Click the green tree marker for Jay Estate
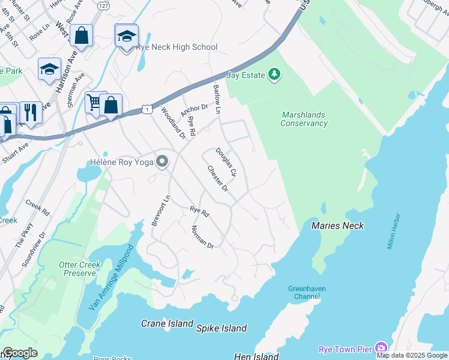click(275, 74)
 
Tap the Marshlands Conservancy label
click(304, 119)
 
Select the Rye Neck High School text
click(176, 47)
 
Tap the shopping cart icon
click(94, 103)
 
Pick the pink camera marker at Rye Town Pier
click(381, 348)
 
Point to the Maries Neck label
click(337, 226)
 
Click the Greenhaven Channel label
click(306, 292)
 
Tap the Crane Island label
click(167, 323)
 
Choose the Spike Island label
click(221, 328)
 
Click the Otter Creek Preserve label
click(77, 269)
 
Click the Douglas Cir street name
click(228, 163)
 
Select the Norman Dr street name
click(202, 236)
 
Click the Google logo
click(20, 353)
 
